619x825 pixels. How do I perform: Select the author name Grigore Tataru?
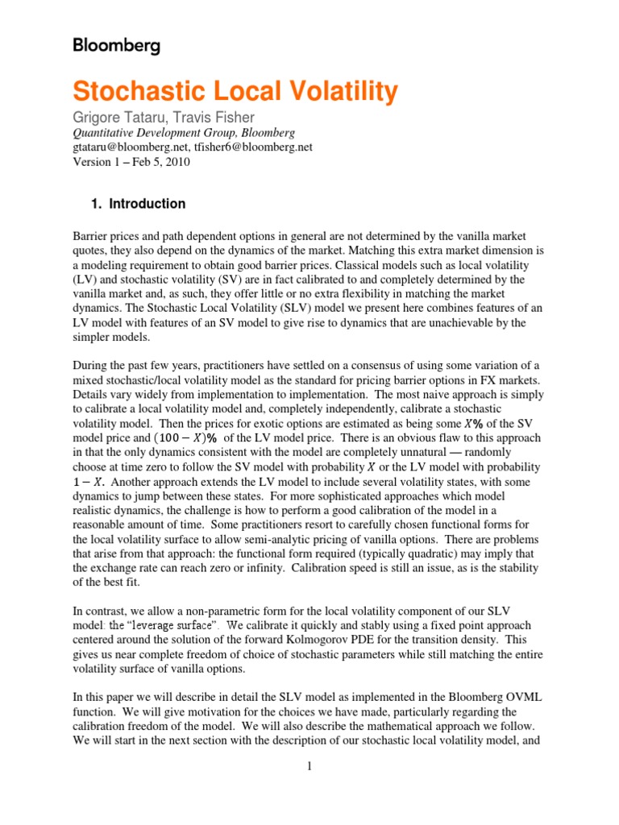coord(121,118)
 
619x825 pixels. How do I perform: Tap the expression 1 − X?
coord(91,481)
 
